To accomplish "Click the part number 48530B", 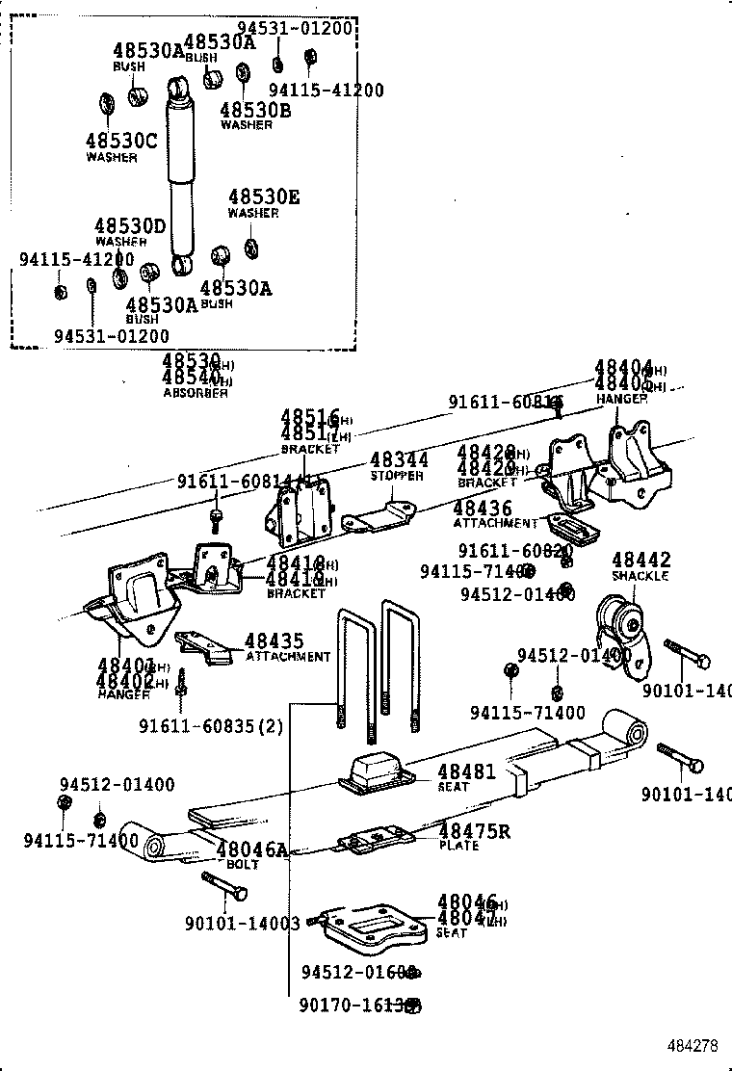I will (x=255, y=110).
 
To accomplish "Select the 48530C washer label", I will (x=120, y=141).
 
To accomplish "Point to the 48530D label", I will (x=130, y=226).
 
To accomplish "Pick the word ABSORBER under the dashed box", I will (x=196, y=393).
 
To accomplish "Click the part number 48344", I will (x=399, y=460).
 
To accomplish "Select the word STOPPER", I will (x=397, y=476).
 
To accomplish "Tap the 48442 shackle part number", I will (x=640, y=560).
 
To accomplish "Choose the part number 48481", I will (x=466, y=771).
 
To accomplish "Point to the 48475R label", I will (x=475, y=831).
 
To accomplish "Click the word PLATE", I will (x=458, y=846).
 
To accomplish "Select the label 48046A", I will (x=251, y=849).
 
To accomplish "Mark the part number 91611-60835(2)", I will (x=211, y=726).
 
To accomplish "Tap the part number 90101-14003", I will (x=243, y=922).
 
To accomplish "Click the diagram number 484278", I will (x=694, y=1045).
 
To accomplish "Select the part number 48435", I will (x=274, y=640).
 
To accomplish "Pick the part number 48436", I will (x=483, y=509).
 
